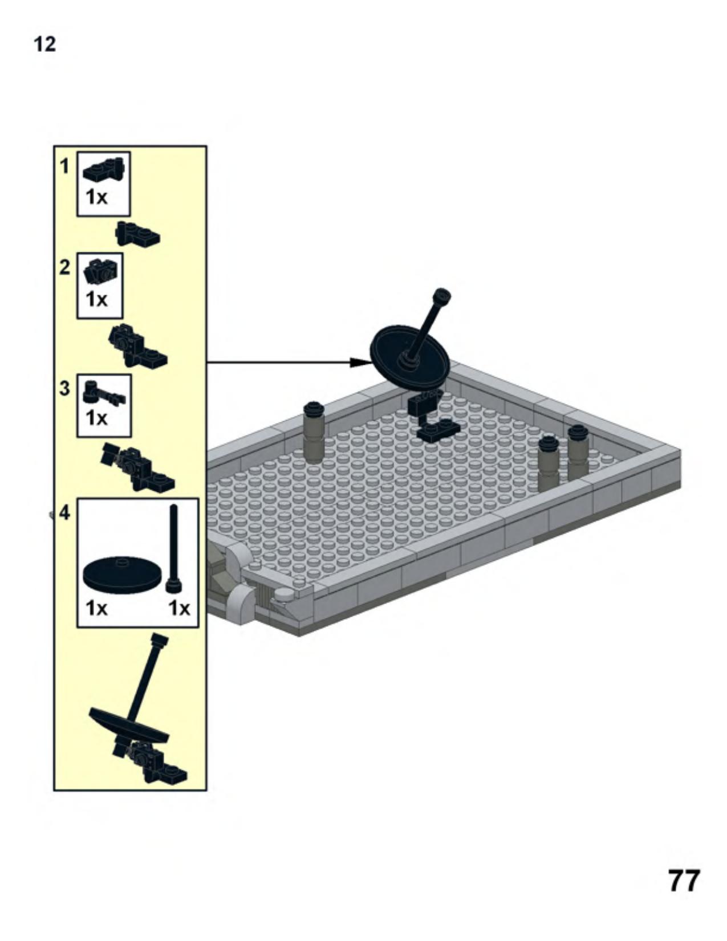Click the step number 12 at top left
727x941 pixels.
tap(44, 44)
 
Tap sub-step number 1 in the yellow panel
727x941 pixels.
tap(64, 166)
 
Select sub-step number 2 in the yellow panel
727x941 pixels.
tap(64, 267)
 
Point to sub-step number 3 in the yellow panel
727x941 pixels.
tap(64, 389)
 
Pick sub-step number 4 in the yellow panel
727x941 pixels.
tap(64, 513)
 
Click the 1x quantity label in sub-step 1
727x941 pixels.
tap(96, 197)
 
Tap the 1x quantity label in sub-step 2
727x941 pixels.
tap(96, 299)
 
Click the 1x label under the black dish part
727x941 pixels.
tap(96, 608)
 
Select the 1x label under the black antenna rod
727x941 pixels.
tap(180, 608)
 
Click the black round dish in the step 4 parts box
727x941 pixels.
tap(123, 574)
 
